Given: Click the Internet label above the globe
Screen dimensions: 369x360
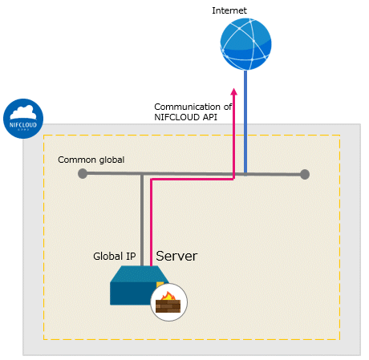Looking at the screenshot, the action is point(229,10).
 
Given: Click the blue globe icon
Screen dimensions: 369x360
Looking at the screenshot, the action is point(245,44).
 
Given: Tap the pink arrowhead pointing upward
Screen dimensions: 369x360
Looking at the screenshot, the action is point(234,91).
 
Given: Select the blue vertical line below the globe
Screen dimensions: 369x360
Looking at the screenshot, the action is point(245,122).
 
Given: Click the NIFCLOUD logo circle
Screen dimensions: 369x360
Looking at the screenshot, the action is point(23,119).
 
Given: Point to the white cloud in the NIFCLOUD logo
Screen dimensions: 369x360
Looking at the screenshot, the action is point(23,112).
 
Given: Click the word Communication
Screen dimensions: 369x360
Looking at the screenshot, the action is point(187,107).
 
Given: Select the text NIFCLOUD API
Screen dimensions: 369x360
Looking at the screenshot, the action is point(185,117).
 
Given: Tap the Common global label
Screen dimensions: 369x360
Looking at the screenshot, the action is point(91,160).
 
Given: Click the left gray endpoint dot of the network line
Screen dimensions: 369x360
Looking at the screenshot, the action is point(83,173).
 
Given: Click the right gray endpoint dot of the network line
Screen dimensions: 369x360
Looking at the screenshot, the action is point(305,174).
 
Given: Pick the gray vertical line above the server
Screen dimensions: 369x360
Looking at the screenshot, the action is point(142,220).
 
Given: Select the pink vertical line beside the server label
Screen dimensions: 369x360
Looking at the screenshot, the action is point(151,222).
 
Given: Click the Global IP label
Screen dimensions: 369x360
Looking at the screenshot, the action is point(115,257).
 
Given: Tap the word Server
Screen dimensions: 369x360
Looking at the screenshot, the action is point(176,256).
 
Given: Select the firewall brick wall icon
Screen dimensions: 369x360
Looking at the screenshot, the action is point(168,306).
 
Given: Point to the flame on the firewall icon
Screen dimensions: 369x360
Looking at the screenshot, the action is point(168,296).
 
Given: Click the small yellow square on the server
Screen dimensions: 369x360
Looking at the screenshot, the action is point(160,285).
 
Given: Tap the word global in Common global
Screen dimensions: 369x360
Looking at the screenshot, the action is point(112,160).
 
